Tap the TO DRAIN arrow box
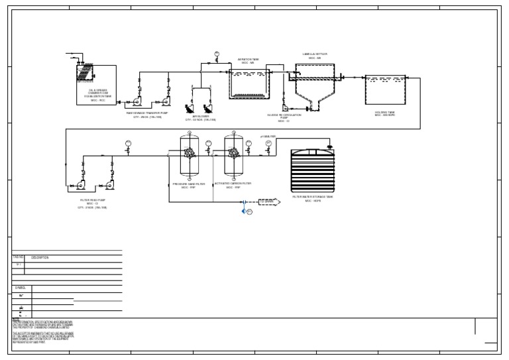pos(268,201)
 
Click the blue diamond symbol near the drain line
pos(244,211)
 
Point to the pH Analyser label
pos(268,137)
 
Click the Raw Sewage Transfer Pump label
pos(148,114)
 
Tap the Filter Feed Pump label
pos(91,201)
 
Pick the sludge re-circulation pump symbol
pos(284,107)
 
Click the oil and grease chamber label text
pos(93,95)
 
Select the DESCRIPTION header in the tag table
pos(40,257)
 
